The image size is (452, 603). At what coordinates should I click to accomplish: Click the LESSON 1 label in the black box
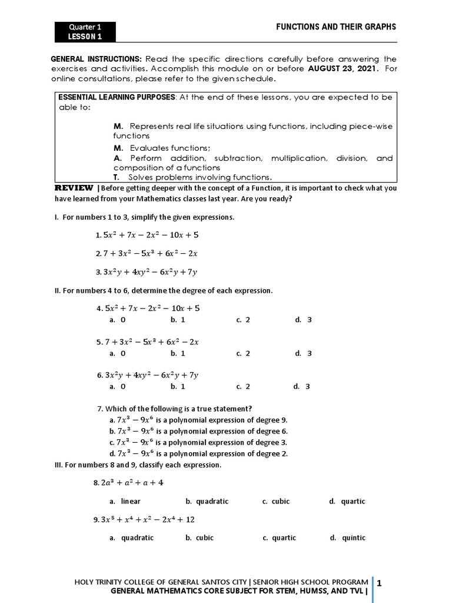(85, 37)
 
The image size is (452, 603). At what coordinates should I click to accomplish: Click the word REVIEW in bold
(74, 188)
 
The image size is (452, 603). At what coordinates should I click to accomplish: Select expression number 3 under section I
(146, 272)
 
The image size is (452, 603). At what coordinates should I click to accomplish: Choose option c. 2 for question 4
(243, 320)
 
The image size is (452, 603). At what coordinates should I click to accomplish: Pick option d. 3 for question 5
(304, 353)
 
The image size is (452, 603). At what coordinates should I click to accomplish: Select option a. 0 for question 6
(117, 387)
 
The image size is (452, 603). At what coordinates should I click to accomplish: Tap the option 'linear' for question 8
(125, 501)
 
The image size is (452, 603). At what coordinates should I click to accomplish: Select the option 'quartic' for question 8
(348, 501)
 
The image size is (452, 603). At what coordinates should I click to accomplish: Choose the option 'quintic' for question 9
(348, 538)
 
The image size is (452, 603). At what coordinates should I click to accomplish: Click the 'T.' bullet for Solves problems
(117, 177)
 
